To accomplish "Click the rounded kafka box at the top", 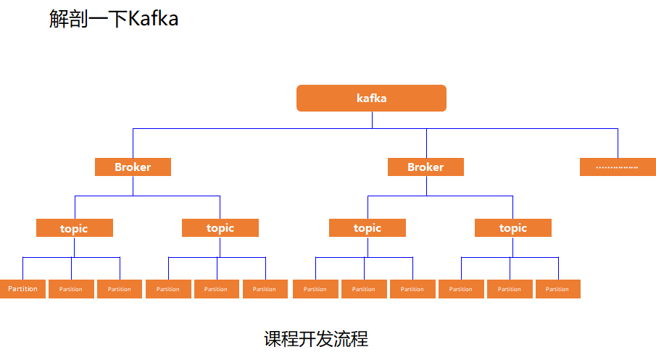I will (x=371, y=99).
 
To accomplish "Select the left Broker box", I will (x=133, y=167).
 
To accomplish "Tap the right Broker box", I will (x=425, y=167).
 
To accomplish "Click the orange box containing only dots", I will (x=618, y=167).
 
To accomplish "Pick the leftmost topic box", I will (x=74, y=228).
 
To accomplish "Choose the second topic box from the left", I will (x=220, y=228).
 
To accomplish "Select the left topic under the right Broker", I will (x=368, y=228).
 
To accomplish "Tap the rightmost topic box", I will (x=513, y=228).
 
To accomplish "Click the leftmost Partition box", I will (x=22, y=289).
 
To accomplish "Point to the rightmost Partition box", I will (x=557, y=289).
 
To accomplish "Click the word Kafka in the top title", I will (x=153, y=19).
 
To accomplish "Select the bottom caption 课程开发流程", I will (x=316, y=338).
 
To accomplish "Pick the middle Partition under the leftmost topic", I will (x=71, y=289).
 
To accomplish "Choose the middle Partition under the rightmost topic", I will (x=509, y=289).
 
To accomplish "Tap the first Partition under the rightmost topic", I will (x=461, y=289).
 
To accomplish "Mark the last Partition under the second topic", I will (x=265, y=289).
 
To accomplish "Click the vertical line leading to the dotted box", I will (x=618, y=143).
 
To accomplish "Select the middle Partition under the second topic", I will (x=216, y=289).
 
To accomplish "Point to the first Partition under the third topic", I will (x=315, y=289).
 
